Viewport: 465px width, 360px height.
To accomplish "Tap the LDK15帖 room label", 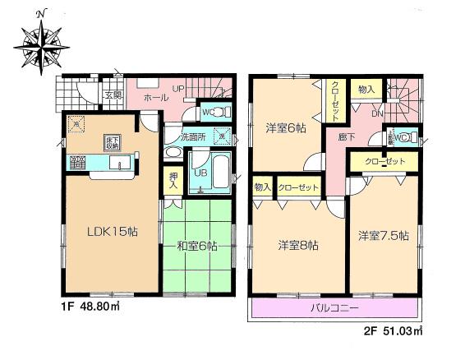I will (113, 233).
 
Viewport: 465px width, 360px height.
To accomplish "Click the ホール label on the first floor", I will (156, 98).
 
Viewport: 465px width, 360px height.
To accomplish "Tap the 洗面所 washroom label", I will (194, 137).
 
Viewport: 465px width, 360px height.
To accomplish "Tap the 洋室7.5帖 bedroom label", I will (384, 235).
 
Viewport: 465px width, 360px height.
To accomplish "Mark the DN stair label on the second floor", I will (377, 113).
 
